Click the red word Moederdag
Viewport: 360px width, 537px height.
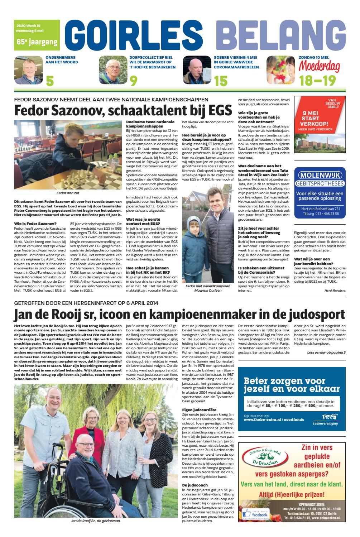[x=320, y=66]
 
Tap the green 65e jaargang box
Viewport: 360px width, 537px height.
[x=37, y=42]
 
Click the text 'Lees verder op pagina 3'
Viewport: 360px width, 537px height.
[x=326, y=353]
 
